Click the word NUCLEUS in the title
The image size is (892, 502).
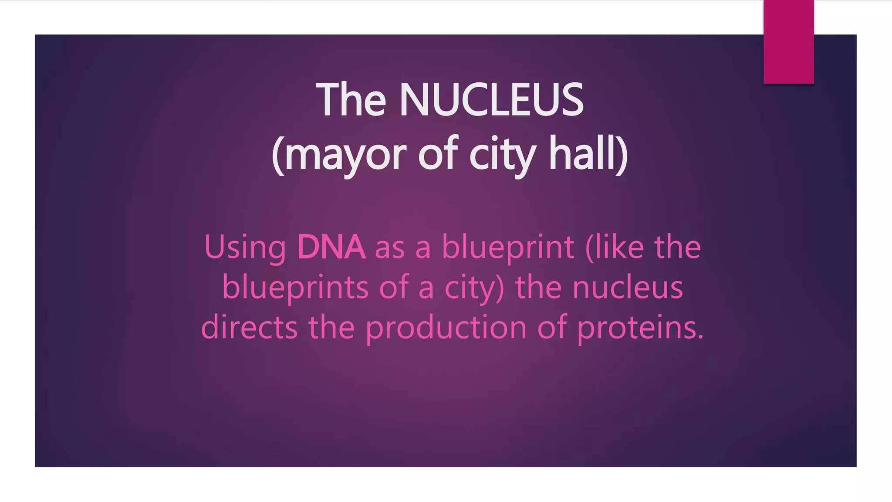click(491, 100)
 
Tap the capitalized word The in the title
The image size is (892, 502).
click(351, 100)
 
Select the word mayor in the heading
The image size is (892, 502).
click(345, 155)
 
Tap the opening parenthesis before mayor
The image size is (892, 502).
click(278, 155)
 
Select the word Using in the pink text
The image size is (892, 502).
click(245, 248)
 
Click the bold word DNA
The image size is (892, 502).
click(331, 247)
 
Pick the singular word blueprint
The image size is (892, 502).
click(508, 248)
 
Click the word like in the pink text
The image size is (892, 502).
click(620, 247)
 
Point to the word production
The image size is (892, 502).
click(446, 328)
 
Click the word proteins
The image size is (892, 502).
click(636, 328)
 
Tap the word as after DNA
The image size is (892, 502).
click(390, 248)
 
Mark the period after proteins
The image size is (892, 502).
click(700, 337)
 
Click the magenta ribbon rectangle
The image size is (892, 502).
click(788, 42)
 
